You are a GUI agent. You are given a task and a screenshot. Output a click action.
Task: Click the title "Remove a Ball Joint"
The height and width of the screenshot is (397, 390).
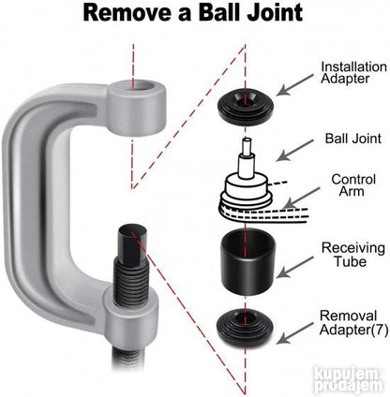tap(193, 13)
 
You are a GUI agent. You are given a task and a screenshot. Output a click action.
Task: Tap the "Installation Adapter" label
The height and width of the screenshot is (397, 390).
tap(353, 72)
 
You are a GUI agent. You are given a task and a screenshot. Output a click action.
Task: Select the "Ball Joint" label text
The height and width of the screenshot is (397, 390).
tap(353, 139)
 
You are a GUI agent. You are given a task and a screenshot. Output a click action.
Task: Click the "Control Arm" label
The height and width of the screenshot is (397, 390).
tap(353, 185)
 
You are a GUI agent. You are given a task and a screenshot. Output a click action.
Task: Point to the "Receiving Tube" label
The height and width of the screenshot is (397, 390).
tap(353, 255)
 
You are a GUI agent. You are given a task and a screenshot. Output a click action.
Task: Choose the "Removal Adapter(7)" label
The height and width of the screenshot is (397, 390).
tap(353, 322)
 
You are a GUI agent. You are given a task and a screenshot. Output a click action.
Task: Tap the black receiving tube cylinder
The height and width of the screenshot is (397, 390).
tap(247, 261)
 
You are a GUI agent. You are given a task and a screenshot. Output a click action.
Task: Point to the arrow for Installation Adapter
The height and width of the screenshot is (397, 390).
tap(294, 85)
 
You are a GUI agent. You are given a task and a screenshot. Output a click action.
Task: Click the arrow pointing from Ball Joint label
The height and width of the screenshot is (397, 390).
tap(294, 151)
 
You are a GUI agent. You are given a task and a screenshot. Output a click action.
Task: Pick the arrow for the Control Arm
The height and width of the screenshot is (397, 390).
tap(301, 198)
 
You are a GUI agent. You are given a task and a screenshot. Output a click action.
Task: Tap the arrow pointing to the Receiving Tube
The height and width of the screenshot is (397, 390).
tap(294, 267)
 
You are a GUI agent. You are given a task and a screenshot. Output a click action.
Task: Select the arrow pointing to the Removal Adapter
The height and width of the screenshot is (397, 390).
tap(294, 333)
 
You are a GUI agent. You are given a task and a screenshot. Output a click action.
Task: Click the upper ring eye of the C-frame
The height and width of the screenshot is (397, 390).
tap(137, 106)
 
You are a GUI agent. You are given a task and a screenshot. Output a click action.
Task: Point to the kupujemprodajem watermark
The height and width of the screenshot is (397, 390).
tap(349, 381)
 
